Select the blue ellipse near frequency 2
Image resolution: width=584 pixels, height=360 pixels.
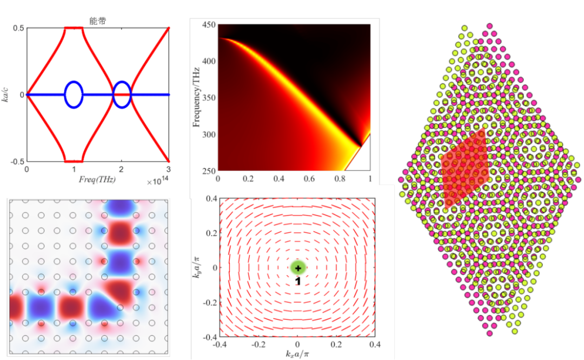(122, 95)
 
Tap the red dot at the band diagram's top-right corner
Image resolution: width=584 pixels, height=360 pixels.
(169, 28)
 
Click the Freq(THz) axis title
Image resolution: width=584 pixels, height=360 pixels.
(97, 178)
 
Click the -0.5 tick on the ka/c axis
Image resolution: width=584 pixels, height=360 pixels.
(17, 162)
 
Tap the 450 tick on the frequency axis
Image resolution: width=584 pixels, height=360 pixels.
(208, 24)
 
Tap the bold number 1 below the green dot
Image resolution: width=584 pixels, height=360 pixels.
(298, 281)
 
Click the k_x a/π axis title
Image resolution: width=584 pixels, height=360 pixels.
(297, 354)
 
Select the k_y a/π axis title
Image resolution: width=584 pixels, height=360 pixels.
(197, 268)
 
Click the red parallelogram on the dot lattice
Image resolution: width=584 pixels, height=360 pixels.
(465, 169)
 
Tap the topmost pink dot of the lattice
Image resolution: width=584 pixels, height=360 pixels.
(489, 25)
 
